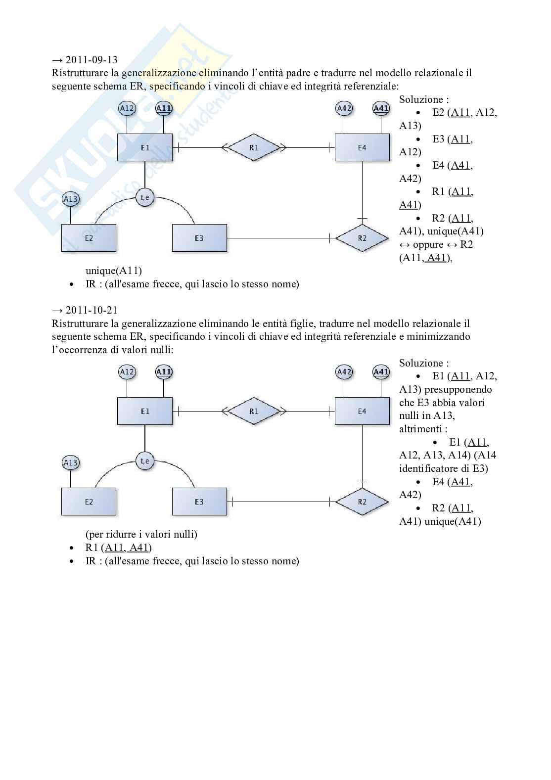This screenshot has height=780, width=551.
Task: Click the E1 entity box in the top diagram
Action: pyautogui.click(x=145, y=147)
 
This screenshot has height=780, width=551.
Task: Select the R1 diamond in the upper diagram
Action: pyautogui.click(x=254, y=147)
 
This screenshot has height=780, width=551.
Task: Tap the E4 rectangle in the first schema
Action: pyautogui.click(x=362, y=147)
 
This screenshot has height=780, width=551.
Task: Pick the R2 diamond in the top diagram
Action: pyautogui.click(x=362, y=238)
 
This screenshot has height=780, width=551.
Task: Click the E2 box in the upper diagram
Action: pyautogui.click(x=89, y=238)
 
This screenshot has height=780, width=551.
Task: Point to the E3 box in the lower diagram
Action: pyautogui.click(x=199, y=502)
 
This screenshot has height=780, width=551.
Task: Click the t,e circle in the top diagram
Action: pyautogui.click(x=145, y=198)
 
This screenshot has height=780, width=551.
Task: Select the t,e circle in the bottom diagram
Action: pyautogui.click(x=145, y=461)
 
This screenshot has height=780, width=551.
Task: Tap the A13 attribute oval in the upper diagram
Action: pyautogui.click(x=71, y=199)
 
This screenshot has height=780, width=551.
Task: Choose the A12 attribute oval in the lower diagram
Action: pyautogui.click(x=127, y=372)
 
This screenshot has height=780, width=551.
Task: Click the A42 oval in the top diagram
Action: pyautogui.click(x=344, y=108)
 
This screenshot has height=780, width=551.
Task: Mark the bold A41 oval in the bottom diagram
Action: pyautogui.click(x=381, y=372)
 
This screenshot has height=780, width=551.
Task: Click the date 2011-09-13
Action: pyautogui.click(x=92, y=60)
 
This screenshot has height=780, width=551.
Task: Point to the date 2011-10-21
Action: pyautogui.click(x=92, y=310)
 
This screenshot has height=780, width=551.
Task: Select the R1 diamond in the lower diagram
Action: pyautogui.click(x=254, y=411)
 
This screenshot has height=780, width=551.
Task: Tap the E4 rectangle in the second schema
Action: pyautogui.click(x=362, y=411)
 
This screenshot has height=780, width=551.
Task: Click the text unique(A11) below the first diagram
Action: pyautogui.click(x=114, y=271)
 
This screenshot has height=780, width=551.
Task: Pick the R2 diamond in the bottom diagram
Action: pyautogui.click(x=362, y=502)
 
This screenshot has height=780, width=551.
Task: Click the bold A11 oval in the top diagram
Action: pyautogui.click(x=164, y=108)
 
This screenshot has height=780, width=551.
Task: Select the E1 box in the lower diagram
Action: pyautogui.click(x=145, y=411)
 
